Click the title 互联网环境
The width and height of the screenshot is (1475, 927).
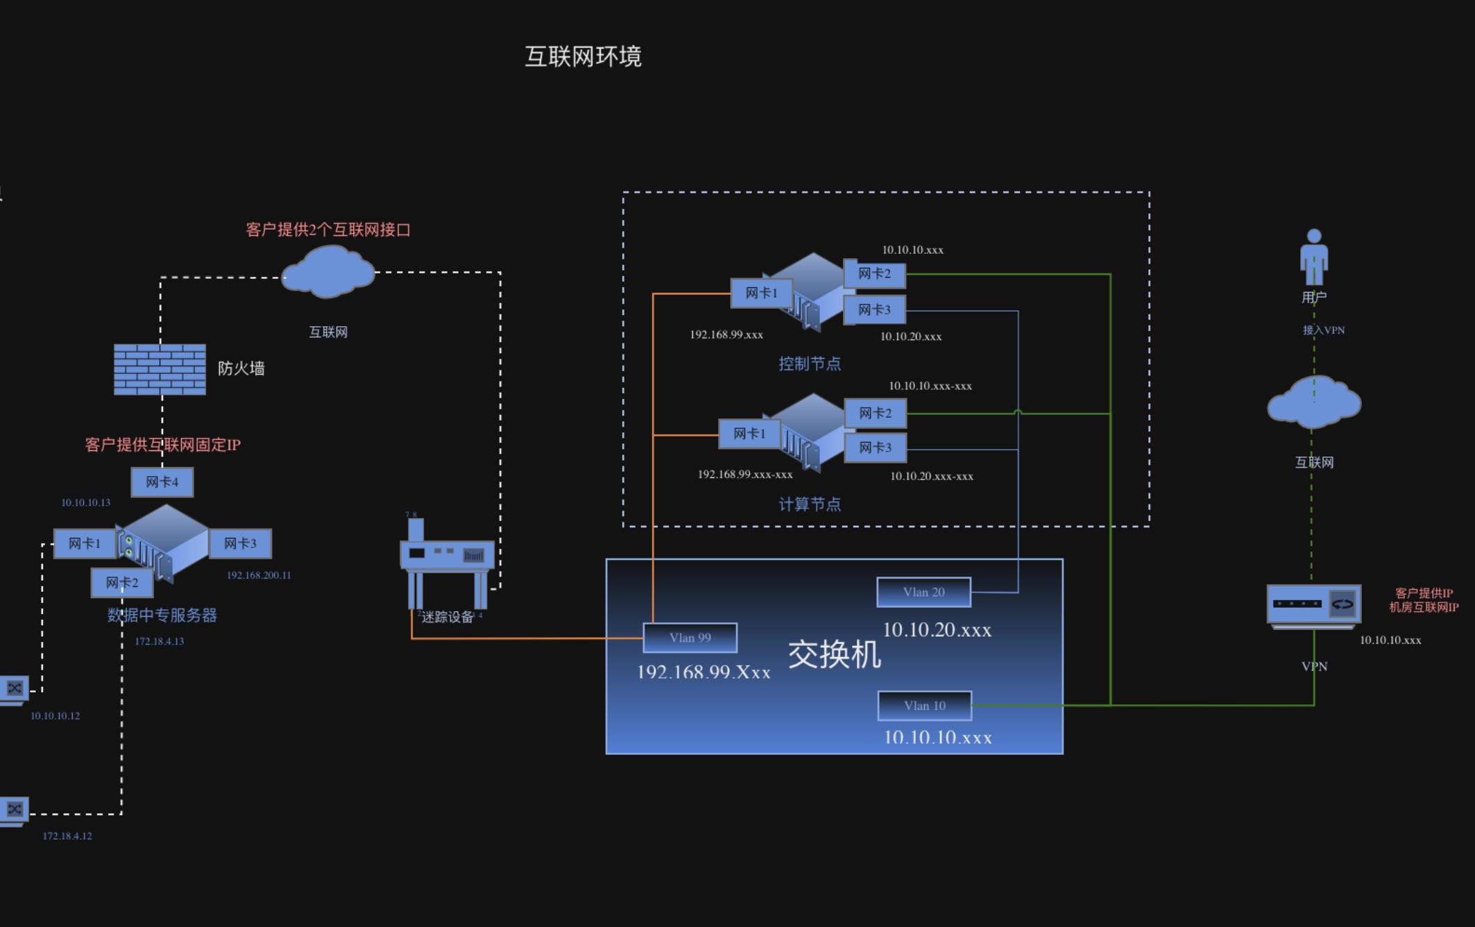[583, 56]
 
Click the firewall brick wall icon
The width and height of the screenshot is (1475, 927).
[160, 369]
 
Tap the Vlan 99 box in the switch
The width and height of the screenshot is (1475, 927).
[690, 638]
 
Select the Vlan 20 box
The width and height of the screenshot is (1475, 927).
[923, 592]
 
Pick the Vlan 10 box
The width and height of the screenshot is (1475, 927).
[924, 706]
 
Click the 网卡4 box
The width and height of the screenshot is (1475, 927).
[162, 482]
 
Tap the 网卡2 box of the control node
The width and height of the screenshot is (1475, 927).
[874, 273]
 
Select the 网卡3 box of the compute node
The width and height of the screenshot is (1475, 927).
[875, 448]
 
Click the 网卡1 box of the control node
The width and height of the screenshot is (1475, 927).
[761, 293]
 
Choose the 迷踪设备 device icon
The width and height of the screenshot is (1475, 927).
[447, 562]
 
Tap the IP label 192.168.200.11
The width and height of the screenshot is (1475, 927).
[259, 575]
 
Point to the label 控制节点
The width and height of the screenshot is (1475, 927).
[809, 364]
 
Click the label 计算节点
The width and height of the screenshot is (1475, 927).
[809, 504]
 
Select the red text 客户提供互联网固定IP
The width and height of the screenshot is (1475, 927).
[162, 445]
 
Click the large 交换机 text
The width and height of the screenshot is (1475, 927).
[834, 654]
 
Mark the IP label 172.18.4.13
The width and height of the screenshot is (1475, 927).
[159, 641]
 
